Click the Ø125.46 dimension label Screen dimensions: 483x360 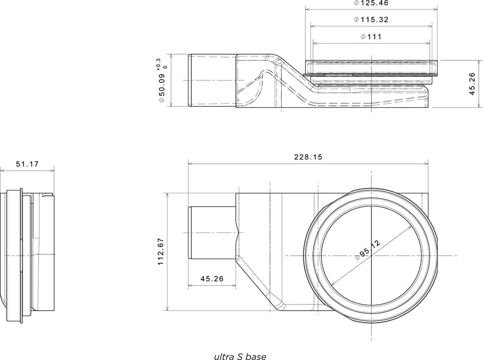(x=371, y=3)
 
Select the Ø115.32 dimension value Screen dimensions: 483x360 (x=371, y=20)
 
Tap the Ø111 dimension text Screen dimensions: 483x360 (x=371, y=37)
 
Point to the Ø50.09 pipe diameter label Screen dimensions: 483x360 (x=162, y=86)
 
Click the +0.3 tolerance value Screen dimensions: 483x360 (x=158, y=63)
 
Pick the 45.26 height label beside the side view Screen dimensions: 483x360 (x=472, y=84)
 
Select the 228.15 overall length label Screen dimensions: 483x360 (x=308, y=157)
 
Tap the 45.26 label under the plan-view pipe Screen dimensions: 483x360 (x=212, y=279)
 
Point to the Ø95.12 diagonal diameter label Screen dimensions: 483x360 (x=368, y=250)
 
